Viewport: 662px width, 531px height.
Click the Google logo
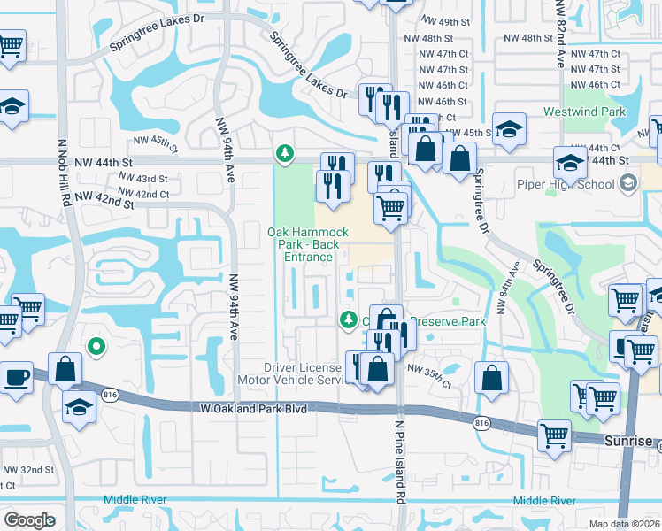pyautogui.click(x=30, y=520)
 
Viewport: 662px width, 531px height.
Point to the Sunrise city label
pyautogui.click(x=629, y=440)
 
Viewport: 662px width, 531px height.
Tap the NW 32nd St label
pyautogui.click(x=27, y=469)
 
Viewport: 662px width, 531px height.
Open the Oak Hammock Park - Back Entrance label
pyautogui.click(x=301, y=244)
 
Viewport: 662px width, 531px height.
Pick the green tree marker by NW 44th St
pyautogui.click(x=284, y=154)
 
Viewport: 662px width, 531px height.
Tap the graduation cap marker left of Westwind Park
pyautogui.click(x=509, y=130)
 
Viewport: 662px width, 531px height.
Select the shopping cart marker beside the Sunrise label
pyautogui.click(x=555, y=435)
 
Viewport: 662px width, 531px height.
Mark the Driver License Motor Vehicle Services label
pyautogui.click(x=303, y=373)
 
